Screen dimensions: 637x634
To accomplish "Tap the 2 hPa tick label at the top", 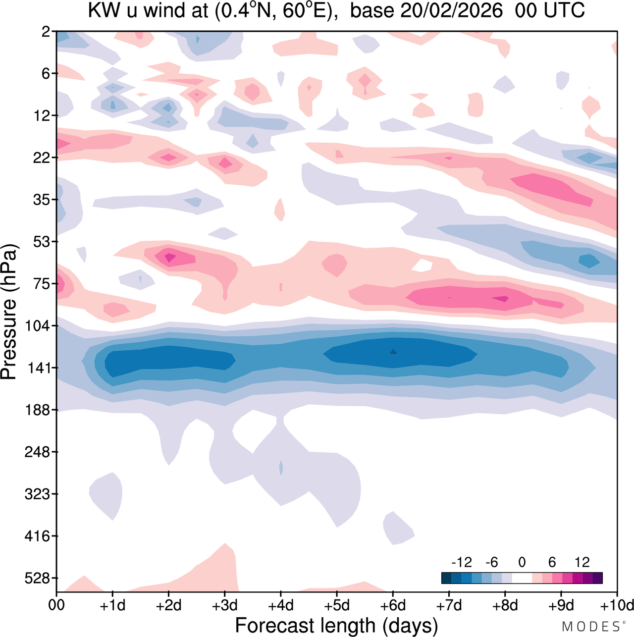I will coord(46,32).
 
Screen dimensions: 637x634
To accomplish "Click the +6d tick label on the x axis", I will coord(393,605).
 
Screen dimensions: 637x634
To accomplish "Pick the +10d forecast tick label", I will coord(616,605).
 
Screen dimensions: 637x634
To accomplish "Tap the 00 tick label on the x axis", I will coord(56,605).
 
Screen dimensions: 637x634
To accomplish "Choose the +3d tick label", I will coord(224,605).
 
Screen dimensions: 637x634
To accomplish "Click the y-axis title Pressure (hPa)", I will coord(9,312).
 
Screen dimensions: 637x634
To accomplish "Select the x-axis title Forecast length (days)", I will coord(336,626).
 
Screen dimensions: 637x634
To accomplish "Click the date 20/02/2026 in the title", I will coord(451,11).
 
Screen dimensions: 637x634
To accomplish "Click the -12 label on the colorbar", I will coord(461,562).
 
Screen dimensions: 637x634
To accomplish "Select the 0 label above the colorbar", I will coord(522,562).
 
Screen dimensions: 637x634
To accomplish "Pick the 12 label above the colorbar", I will coord(582,562).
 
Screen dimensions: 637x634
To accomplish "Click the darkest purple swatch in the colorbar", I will coord(597,578).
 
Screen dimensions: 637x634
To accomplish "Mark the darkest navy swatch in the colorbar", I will coord(446,578).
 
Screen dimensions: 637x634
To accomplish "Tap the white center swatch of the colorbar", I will coord(522,578).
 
